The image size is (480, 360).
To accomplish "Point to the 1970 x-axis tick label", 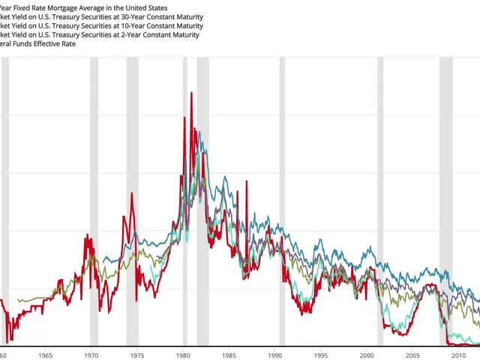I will coord(91,355).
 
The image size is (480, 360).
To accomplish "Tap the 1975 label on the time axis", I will coord(136,355).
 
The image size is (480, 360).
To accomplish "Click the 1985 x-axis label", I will coord(229,355).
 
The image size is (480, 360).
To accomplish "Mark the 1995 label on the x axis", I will coord(321,355).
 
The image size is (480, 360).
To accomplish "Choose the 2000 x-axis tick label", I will coord(367,355).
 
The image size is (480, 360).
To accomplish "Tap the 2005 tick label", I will coord(412,355).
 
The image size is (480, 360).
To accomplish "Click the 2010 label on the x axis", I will coord(459,355).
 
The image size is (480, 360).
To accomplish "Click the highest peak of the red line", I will coord(191,93).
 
